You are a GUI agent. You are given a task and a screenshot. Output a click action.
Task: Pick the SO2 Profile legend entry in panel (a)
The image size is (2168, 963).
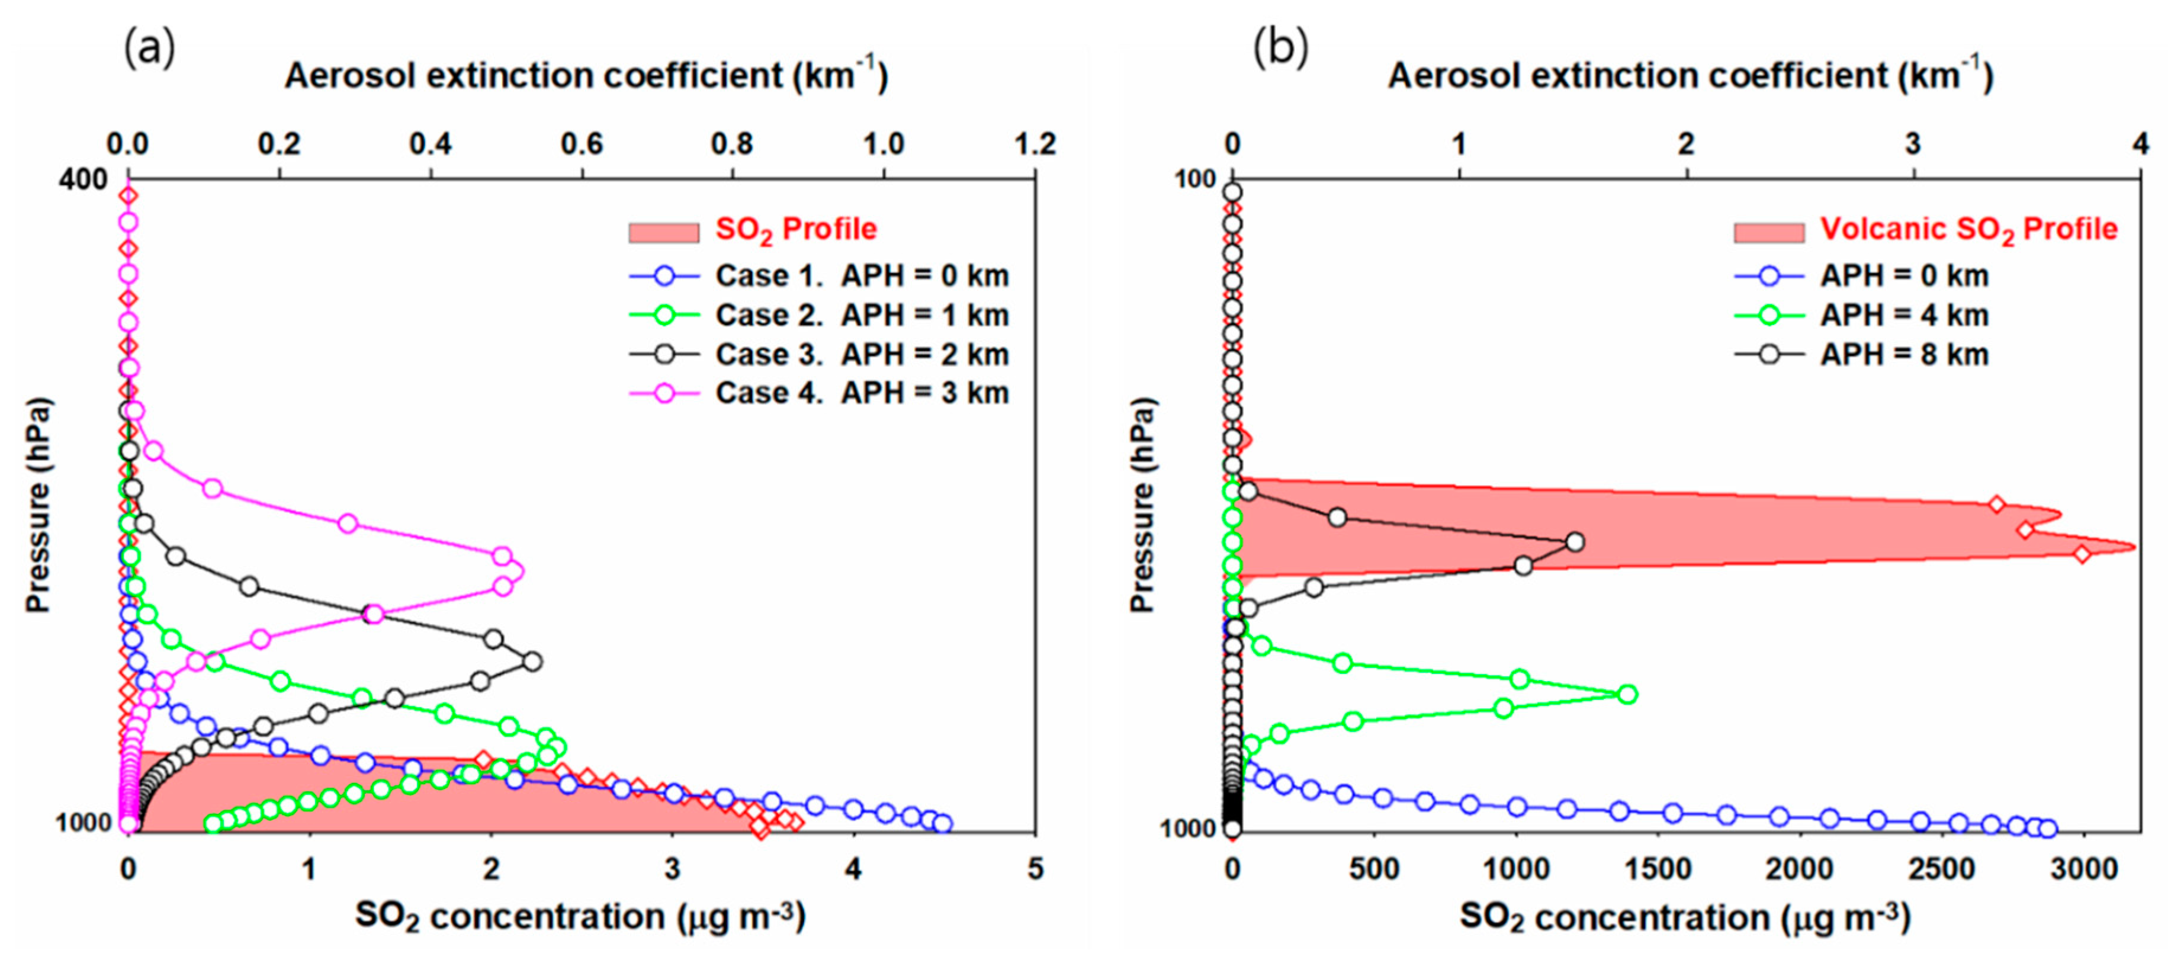[795, 230]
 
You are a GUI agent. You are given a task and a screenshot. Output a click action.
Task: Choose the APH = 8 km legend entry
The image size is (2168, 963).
[1904, 354]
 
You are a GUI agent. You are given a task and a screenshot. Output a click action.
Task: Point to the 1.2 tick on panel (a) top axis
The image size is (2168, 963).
[1035, 145]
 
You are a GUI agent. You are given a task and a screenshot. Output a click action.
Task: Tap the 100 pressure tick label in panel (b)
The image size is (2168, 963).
[1194, 179]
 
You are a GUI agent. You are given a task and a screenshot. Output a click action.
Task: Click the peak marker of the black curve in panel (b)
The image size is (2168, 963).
[1575, 542]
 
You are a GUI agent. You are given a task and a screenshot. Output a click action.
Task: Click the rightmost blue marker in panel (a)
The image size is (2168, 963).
[943, 823]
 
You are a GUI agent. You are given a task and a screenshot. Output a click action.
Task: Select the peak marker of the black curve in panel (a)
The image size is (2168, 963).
[532, 662]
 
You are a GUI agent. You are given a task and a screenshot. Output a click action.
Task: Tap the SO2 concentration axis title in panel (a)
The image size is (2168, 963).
[580, 917]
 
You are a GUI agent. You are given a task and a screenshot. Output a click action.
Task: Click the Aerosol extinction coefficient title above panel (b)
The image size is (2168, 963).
[1690, 76]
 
